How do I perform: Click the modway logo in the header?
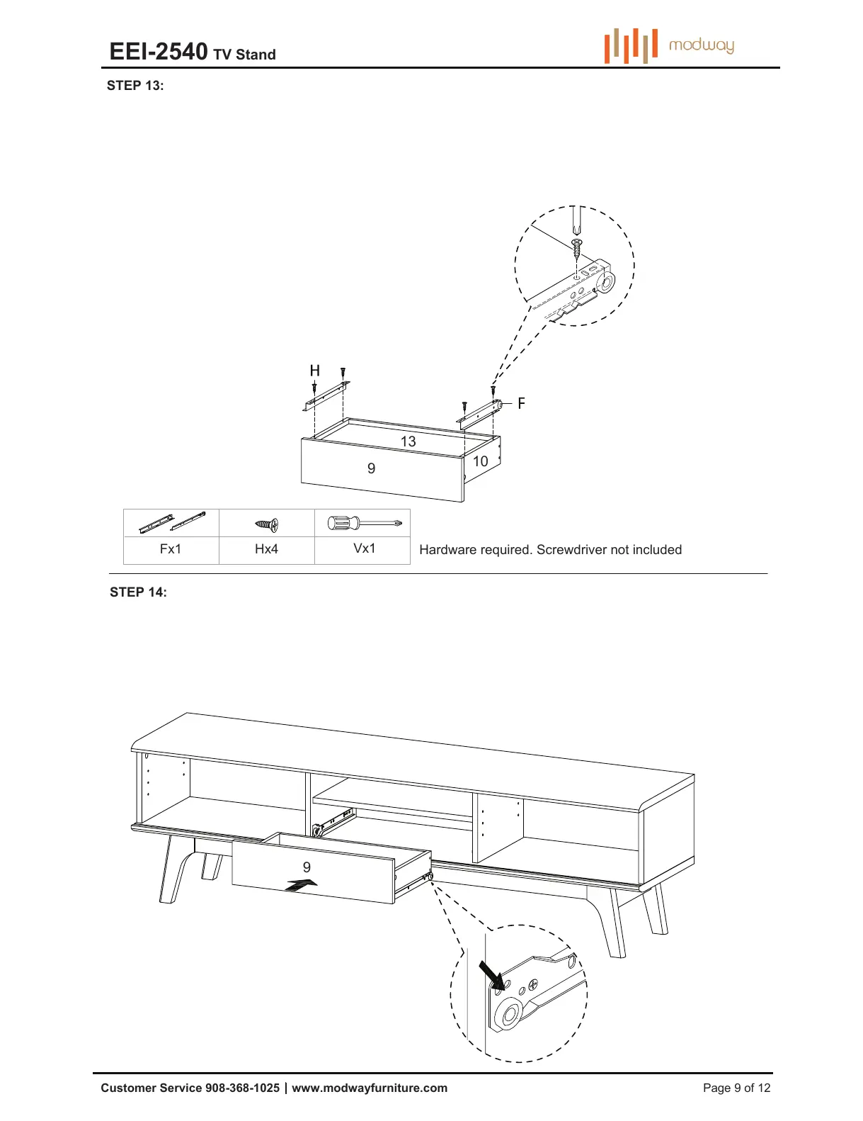coord(669,45)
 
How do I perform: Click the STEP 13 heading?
coord(135,86)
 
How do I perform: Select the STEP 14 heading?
coord(138,592)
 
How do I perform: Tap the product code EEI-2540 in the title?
coord(159,52)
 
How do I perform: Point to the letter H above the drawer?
coord(315,371)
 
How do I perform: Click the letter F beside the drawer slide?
coord(521,403)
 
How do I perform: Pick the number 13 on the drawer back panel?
coord(408,441)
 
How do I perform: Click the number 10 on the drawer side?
coord(480,461)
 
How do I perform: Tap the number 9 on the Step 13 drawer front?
coord(371,468)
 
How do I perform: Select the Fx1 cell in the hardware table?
coord(171,549)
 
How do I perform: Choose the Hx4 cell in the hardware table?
coord(266,549)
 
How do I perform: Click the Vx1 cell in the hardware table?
coord(364,548)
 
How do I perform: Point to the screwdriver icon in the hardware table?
coord(364,524)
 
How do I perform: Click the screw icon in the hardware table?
coord(267,525)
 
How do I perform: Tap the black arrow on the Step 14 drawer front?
coord(301,884)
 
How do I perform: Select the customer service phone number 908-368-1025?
coord(242,1088)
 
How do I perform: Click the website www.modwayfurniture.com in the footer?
coord(370,1088)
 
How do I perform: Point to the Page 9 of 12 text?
coord(736,1088)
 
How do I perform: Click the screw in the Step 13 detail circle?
coord(577,248)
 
